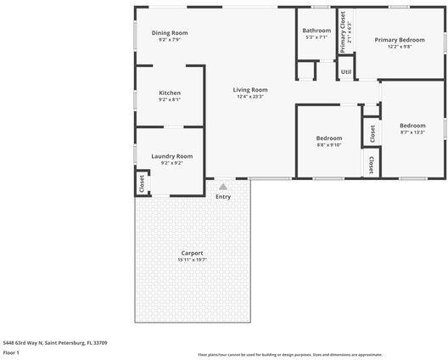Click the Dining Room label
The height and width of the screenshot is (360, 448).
(170, 32)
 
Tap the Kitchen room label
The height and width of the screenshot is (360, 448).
(170, 93)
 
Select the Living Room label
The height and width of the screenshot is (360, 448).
(250, 89)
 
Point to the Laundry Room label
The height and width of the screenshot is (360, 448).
(172, 155)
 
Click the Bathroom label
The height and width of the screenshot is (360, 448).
(316, 31)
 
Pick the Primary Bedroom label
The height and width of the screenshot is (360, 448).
(400, 40)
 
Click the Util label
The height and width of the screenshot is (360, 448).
(346, 72)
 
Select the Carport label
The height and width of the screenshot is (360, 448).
(192, 253)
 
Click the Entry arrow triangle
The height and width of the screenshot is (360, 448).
(222, 186)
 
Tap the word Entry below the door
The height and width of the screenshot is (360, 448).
(222, 197)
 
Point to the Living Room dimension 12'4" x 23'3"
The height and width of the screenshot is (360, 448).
(250, 96)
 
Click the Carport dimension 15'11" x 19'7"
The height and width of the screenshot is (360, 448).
(192, 260)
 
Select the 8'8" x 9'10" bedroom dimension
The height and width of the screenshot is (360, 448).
(328, 144)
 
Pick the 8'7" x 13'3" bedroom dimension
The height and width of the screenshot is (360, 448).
(412, 132)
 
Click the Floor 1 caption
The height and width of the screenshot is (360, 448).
(11, 352)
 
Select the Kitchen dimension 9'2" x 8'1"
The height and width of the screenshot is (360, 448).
(170, 99)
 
